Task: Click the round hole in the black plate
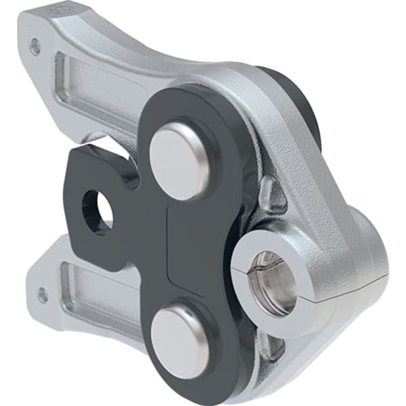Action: coord(97,209)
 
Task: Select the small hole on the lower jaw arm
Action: coord(43,295)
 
